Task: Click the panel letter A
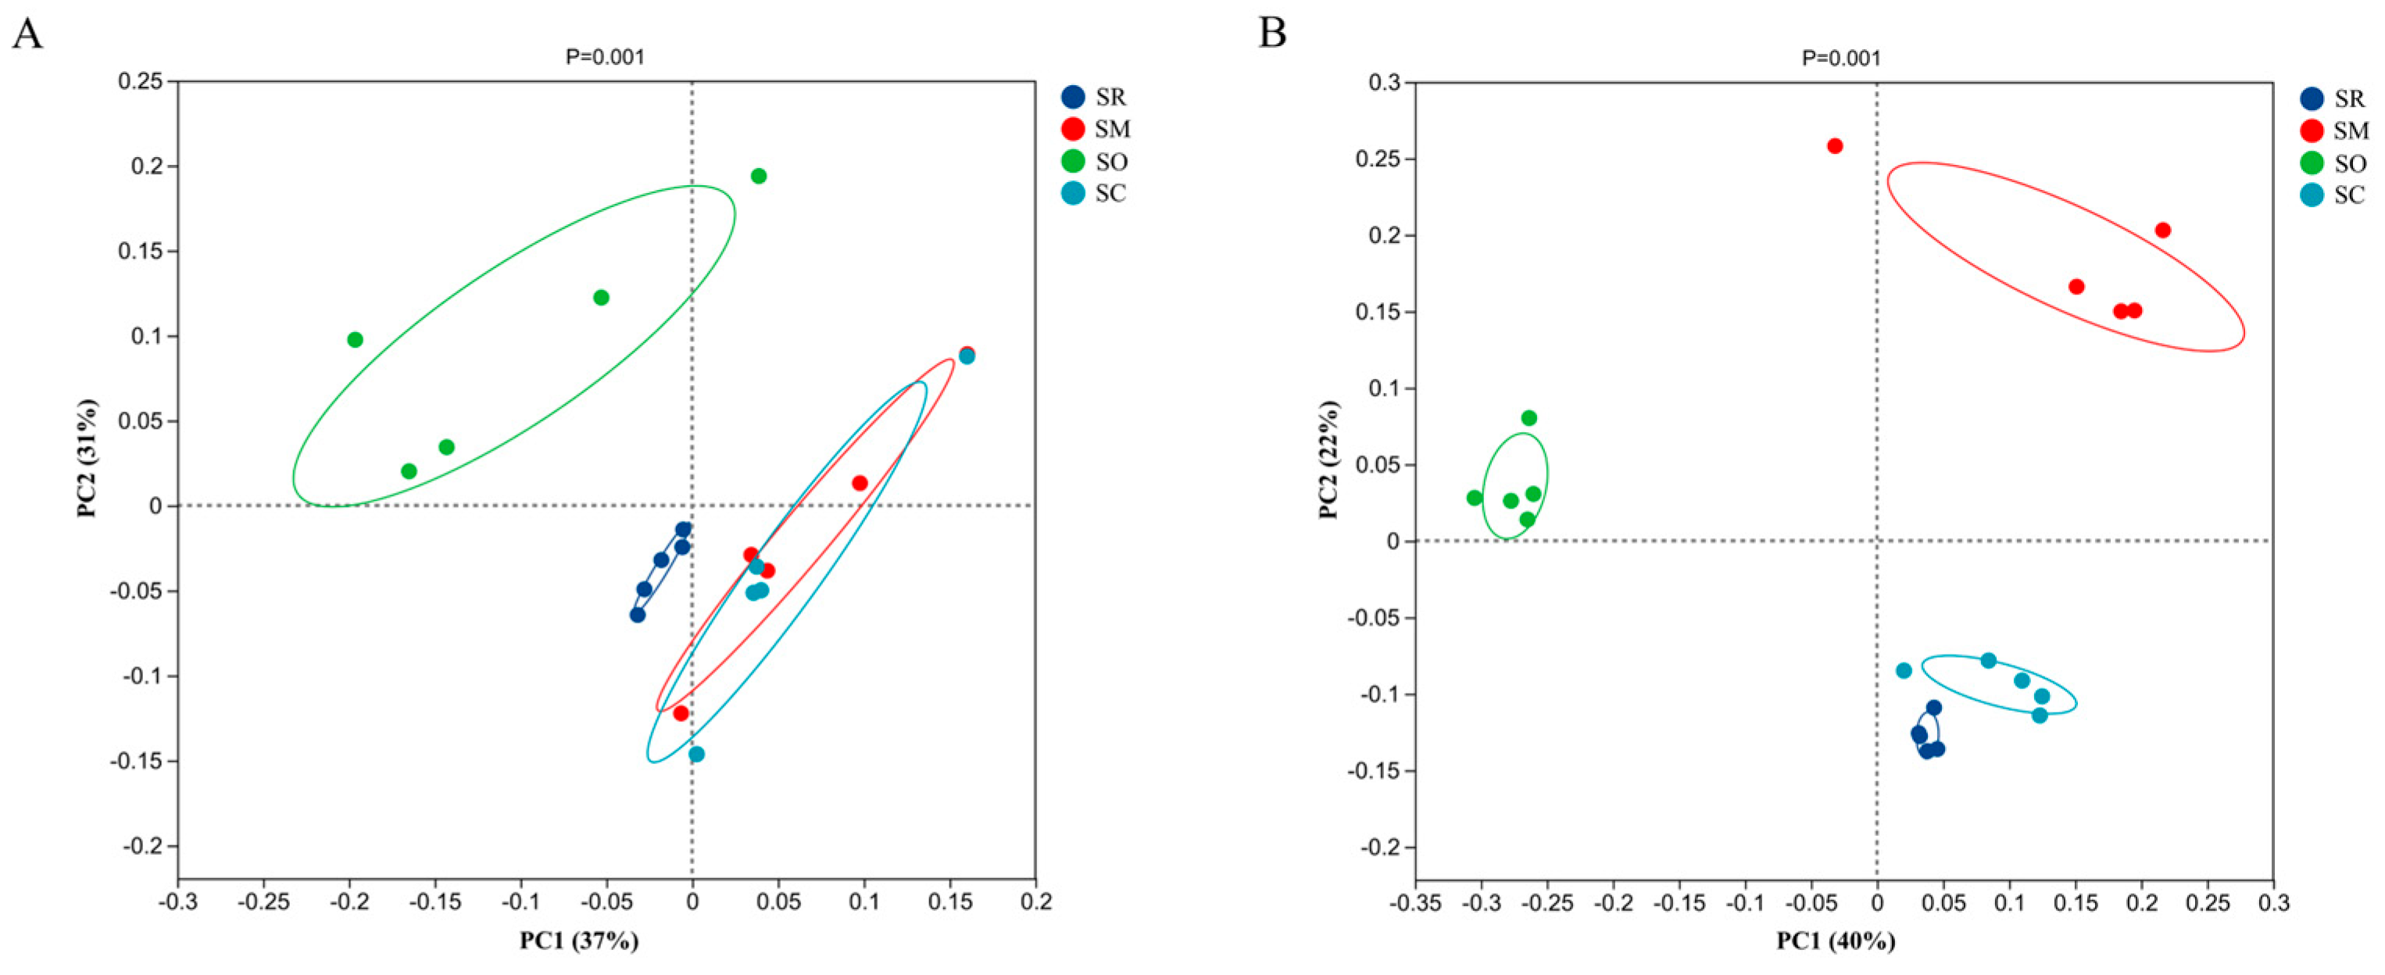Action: (x=27, y=34)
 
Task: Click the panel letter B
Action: (x=1272, y=34)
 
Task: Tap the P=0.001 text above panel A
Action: (x=605, y=57)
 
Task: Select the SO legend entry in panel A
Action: (x=1094, y=162)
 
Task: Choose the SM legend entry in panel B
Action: (x=2333, y=130)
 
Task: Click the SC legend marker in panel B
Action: (x=2312, y=195)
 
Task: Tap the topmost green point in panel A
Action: (x=758, y=176)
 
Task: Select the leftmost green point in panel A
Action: (x=355, y=340)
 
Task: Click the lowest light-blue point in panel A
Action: (x=696, y=755)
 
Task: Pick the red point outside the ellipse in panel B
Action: (x=1834, y=146)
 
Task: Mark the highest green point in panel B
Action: (x=1529, y=419)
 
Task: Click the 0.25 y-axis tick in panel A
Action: (x=140, y=81)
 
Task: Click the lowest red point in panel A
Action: (x=681, y=713)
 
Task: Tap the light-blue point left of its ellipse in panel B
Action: (x=1904, y=670)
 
